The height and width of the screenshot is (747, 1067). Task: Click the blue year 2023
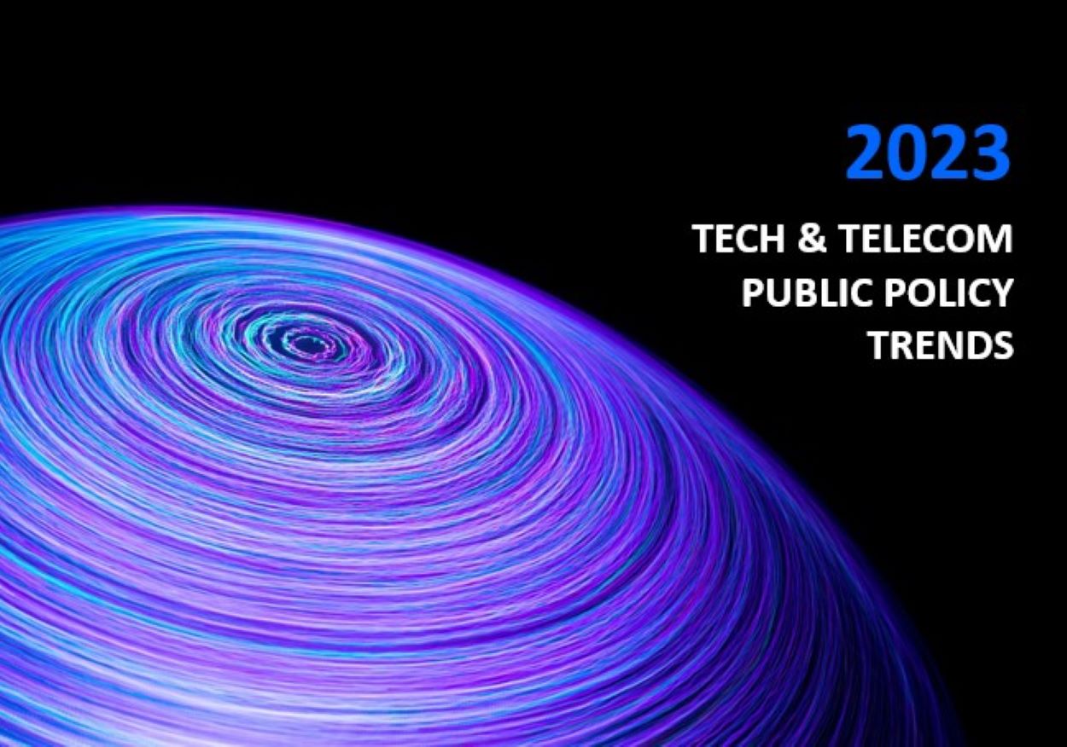(928, 153)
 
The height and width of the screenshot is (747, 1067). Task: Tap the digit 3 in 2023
(988, 153)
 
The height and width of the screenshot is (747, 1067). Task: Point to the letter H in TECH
(775, 240)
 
